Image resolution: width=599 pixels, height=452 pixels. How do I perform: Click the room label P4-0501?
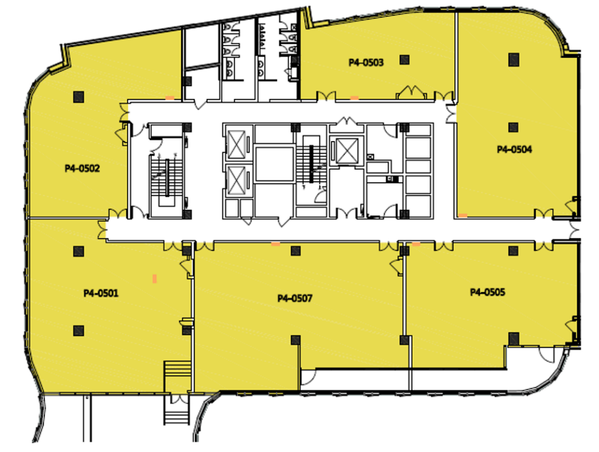point(101,293)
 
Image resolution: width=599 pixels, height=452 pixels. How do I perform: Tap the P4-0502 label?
point(82,168)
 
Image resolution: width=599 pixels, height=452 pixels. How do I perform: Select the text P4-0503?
point(366,63)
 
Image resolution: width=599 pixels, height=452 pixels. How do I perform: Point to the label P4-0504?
point(514,149)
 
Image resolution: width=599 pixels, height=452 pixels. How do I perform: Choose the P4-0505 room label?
point(487,292)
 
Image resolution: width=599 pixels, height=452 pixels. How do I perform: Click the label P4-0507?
point(295,298)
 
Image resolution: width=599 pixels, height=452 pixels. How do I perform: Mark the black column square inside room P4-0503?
point(405,60)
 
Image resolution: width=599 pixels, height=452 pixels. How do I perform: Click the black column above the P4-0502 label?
point(79,97)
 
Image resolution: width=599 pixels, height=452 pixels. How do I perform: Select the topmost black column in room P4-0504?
point(514,60)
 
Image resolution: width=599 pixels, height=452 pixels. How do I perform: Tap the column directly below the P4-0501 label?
point(79,330)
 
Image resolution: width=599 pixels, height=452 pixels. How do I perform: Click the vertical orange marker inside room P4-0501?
point(155,278)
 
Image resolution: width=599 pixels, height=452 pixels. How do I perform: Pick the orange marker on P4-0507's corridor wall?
point(275,244)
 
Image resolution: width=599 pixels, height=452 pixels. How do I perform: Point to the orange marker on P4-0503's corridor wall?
point(355,98)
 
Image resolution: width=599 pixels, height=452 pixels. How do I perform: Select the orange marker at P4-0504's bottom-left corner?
point(463,216)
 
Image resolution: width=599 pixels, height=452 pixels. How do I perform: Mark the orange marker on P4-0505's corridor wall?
point(416,244)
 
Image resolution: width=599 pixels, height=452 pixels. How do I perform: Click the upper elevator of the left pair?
point(236,145)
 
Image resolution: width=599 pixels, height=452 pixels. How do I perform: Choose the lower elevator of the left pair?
point(236,180)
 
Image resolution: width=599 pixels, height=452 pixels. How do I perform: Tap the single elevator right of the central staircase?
point(347,151)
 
